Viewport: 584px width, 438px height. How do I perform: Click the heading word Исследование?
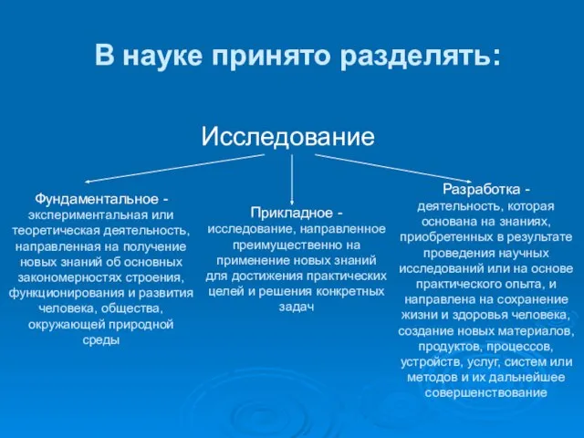(x=287, y=137)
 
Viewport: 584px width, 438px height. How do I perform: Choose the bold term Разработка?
(x=479, y=190)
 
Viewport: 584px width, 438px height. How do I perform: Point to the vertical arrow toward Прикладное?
(x=292, y=178)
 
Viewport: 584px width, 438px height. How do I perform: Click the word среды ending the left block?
(x=101, y=340)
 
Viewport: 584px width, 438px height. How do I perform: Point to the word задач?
(x=296, y=307)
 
